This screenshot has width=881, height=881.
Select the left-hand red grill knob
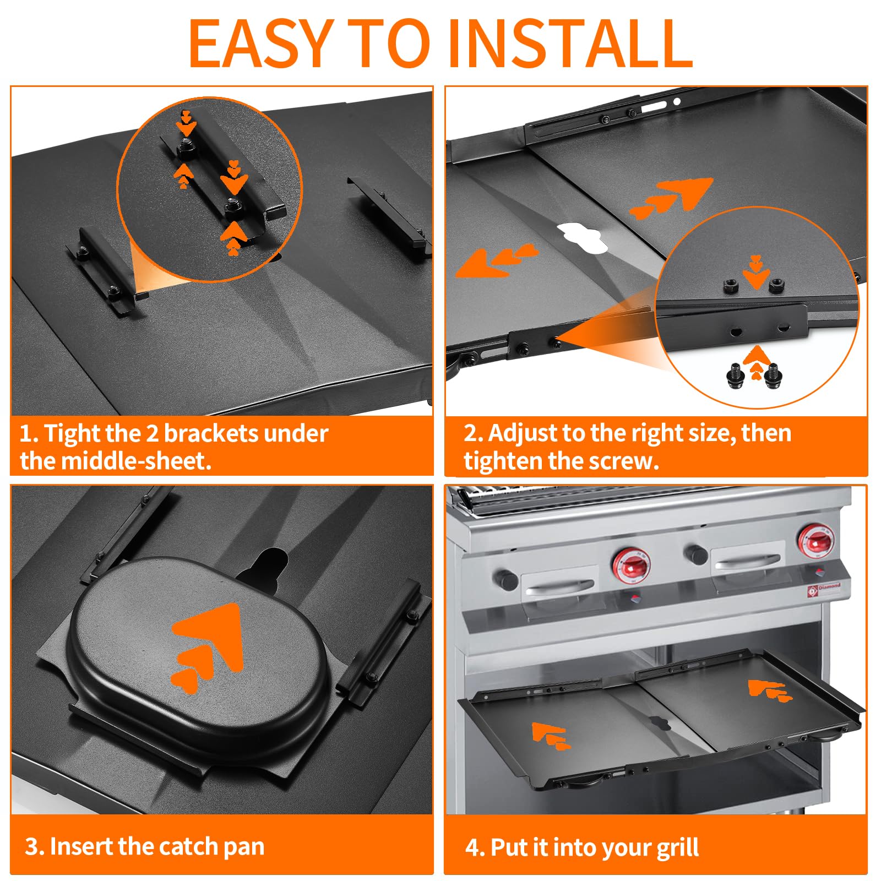(631, 565)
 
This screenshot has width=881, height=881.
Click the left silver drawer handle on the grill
(559, 587)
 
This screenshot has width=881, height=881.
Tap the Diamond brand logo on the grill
(824, 589)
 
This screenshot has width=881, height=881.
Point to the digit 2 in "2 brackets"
(152, 434)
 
